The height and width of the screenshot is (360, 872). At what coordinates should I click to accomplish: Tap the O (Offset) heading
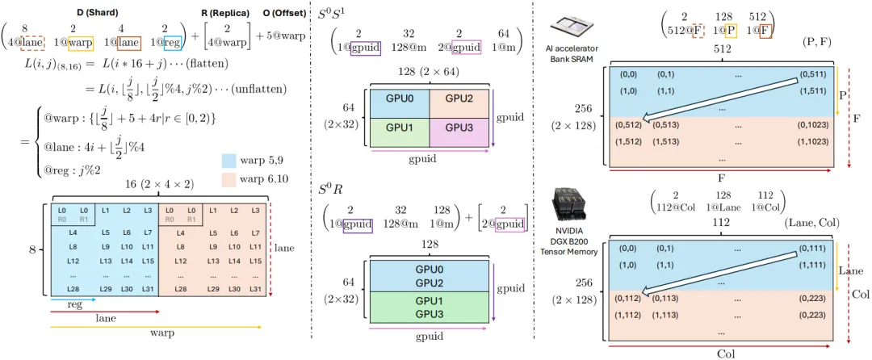tap(283, 12)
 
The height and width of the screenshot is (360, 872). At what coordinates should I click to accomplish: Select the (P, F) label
tap(819, 41)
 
